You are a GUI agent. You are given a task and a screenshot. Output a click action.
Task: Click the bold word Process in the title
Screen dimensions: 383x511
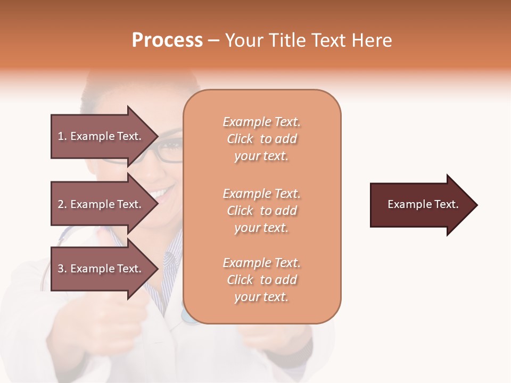pyautogui.click(x=167, y=40)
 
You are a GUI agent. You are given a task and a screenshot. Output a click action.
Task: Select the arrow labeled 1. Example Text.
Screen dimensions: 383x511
pyautogui.click(x=101, y=136)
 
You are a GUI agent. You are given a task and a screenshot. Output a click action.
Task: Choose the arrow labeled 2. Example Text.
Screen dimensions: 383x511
pyautogui.click(x=101, y=204)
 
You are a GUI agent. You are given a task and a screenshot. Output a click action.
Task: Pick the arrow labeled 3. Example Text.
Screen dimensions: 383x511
pyautogui.click(x=101, y=269)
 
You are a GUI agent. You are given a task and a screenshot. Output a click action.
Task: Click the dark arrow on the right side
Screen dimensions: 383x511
pyautogui.click(x=421, y=205)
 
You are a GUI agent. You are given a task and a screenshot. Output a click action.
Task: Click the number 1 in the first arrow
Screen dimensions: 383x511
pyautogui.click(x=61, y=136)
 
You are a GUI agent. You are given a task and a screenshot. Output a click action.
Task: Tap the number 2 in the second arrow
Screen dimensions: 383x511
pyautogui.click(x=61, y=204)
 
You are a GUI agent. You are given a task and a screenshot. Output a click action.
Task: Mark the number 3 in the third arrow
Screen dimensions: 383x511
pyautogui.click(x=61, y=269)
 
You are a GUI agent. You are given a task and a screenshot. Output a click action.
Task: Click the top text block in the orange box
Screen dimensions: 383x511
pyautogui.click(x=262, y=139)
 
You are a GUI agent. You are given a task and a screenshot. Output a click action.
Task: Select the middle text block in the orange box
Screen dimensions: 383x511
pyautogui.click(x=262, y=211)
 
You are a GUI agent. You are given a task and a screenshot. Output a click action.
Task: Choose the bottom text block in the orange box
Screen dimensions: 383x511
pyautogui.click(x=262, y=280)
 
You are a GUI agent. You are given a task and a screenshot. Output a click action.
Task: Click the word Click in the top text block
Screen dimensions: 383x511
pyautogui.click(x=240, y=139)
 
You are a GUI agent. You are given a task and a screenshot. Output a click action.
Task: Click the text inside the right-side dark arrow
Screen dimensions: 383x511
pyautogui.click(x=423, y=204)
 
